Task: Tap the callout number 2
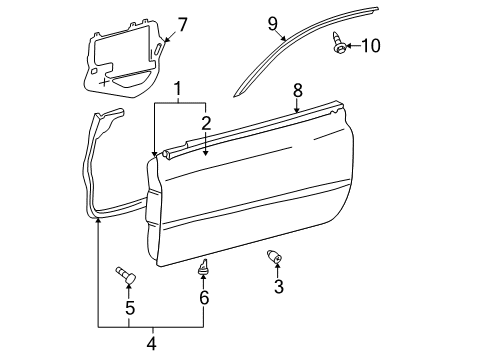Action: [x=206, y=123]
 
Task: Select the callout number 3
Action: [x=279, y=288]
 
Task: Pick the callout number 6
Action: [x=204, y=298]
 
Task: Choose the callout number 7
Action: [x=181, y=23]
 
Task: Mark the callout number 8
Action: [x=297, y=90]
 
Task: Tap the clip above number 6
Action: [x=204, y=267]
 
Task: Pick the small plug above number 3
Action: [x=276, y=259]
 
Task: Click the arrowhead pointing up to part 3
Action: [x=279, y=271]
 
